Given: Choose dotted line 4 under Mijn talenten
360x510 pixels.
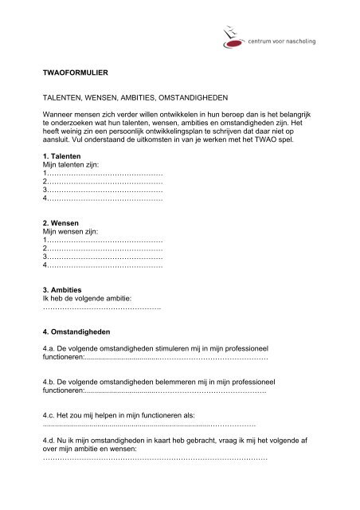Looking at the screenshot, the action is (104, 199).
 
